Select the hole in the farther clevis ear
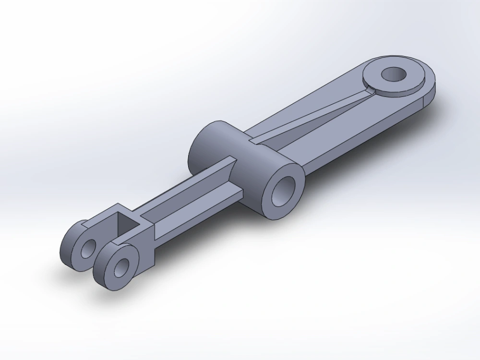click(87, 248)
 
